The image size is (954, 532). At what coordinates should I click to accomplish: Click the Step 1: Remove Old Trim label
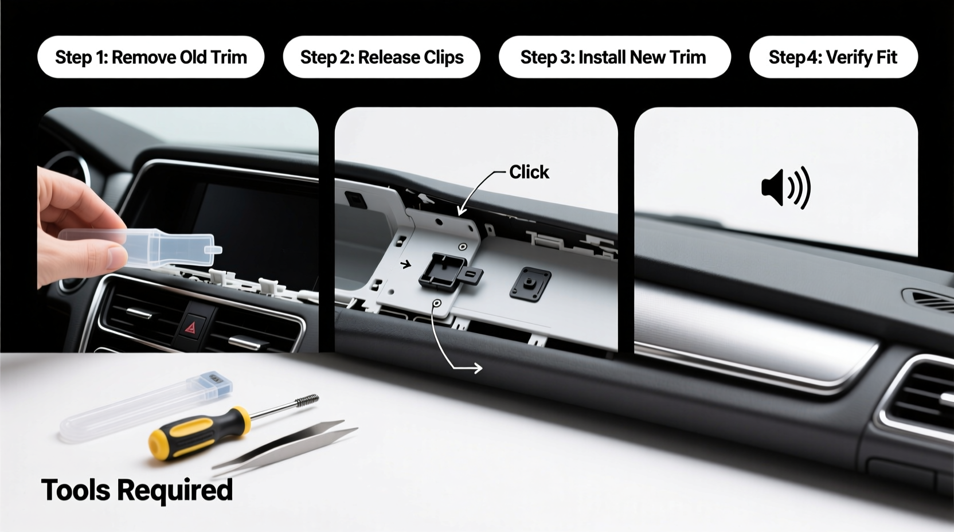(151, 57)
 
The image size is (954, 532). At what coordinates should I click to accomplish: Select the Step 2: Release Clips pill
(382, 57)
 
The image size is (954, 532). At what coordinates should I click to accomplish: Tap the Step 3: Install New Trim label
(613, 57)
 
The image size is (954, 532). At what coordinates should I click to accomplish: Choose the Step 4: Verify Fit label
(833, 57)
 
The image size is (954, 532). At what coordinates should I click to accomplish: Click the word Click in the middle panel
(529, 172)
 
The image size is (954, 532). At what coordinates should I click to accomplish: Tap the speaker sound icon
(785, 187)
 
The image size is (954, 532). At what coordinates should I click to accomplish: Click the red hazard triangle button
(190, 327)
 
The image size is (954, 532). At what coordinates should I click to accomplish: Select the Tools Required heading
(136, 490)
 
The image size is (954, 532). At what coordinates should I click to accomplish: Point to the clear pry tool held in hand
(166, 248)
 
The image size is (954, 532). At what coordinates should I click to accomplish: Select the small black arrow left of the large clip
(406, 264)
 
